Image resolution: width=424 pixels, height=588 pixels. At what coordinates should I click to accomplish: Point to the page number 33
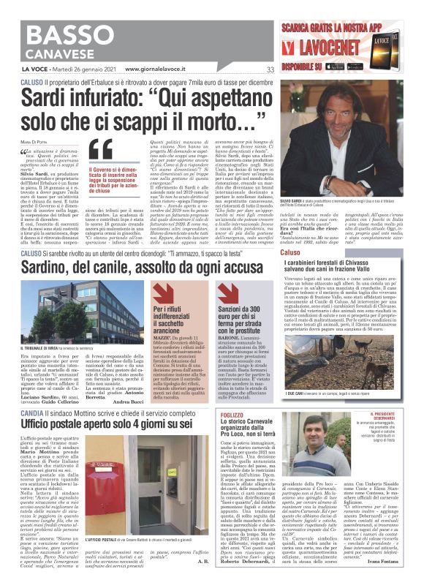pyautogui.click(x=270, y=70)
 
